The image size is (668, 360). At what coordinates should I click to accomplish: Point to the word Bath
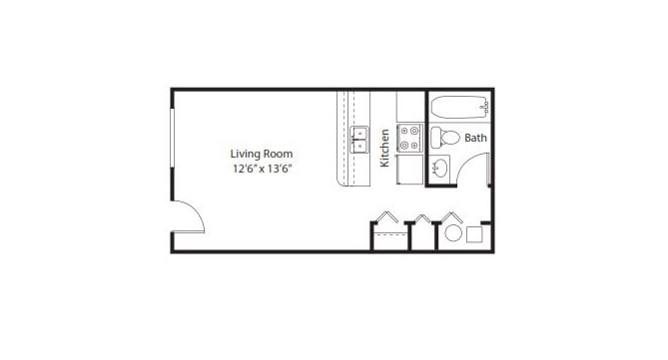point(475,138)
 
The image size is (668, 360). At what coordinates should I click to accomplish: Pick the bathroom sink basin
point(440,168)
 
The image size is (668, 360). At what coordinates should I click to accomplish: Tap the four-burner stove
point(409,138)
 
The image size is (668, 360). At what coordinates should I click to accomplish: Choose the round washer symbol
point(452,235)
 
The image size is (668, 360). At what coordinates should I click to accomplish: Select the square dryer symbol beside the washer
point(475,235)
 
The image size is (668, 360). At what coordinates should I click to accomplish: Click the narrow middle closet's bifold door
point(423,218)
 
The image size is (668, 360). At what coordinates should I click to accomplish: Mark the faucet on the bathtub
point(483,104)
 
